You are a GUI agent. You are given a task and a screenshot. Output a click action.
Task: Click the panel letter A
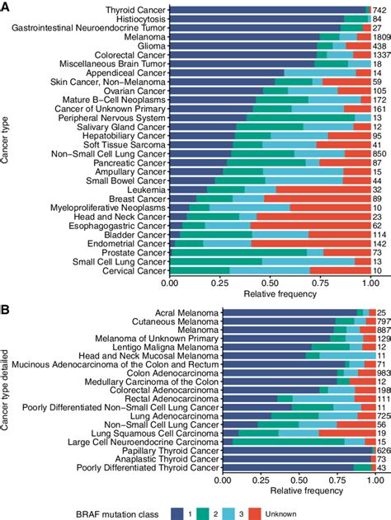click(6, 7)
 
